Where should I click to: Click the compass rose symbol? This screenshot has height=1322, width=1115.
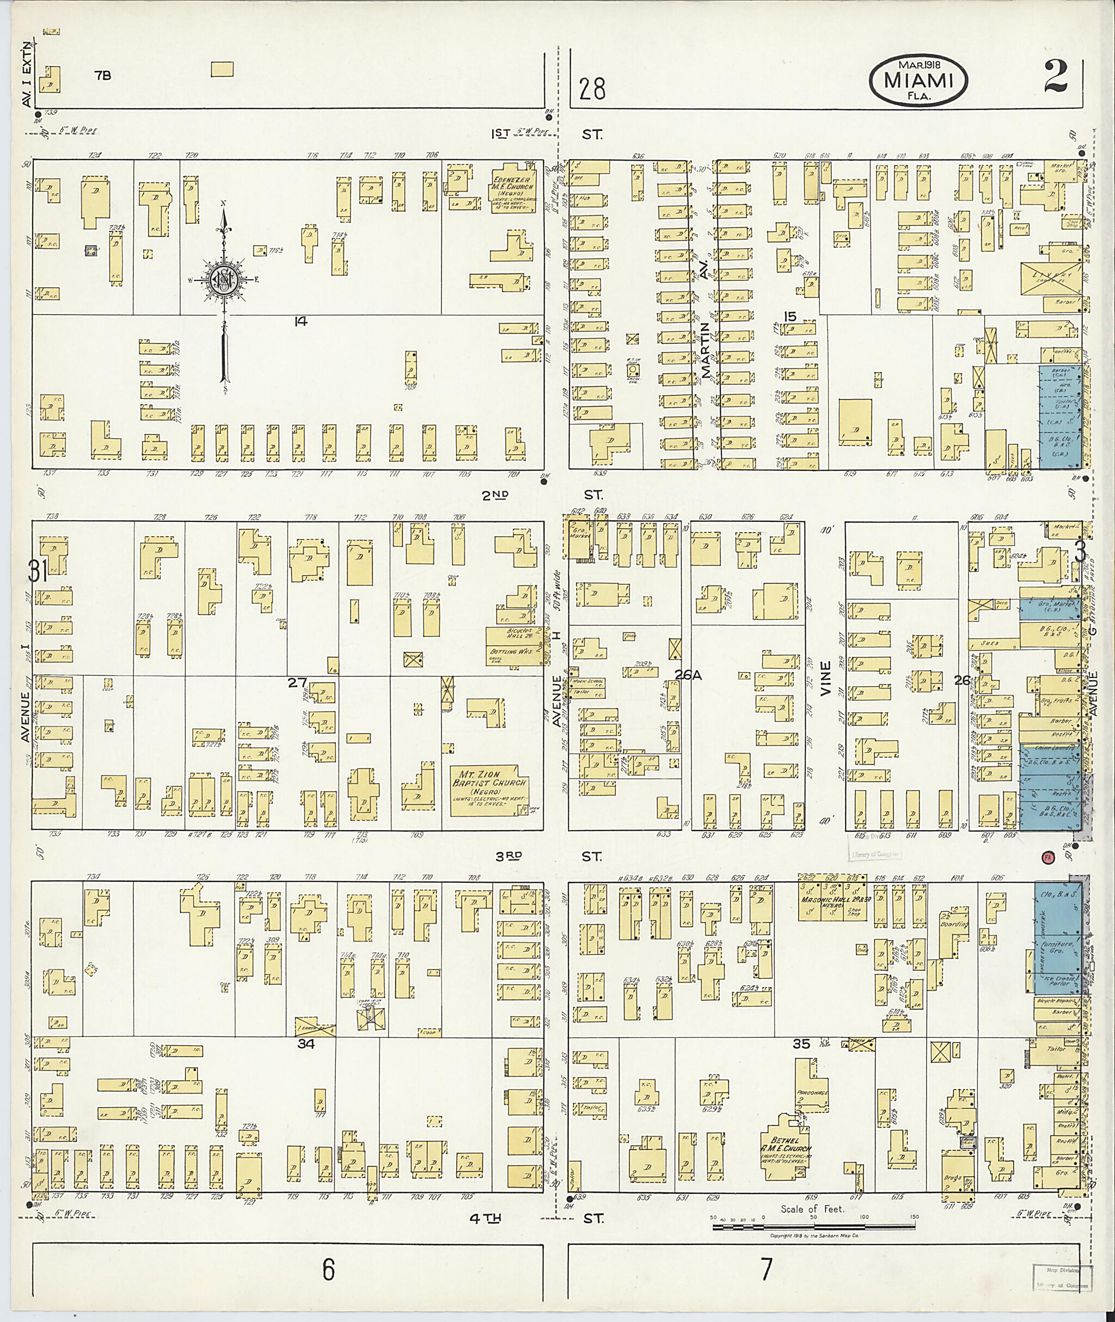coord(223,279)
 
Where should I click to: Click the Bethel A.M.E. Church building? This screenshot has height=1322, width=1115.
coord(787,1152)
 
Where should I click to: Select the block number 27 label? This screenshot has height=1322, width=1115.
coord(297,682)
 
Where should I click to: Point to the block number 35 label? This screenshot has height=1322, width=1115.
coord(801,1044)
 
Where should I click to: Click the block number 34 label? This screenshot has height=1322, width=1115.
coord(306,1044)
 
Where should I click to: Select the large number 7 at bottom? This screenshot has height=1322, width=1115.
coord(766,1269)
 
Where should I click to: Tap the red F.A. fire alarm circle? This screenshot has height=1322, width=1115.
coord(1048,858)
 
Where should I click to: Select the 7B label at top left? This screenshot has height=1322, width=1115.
coord(102,76)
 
